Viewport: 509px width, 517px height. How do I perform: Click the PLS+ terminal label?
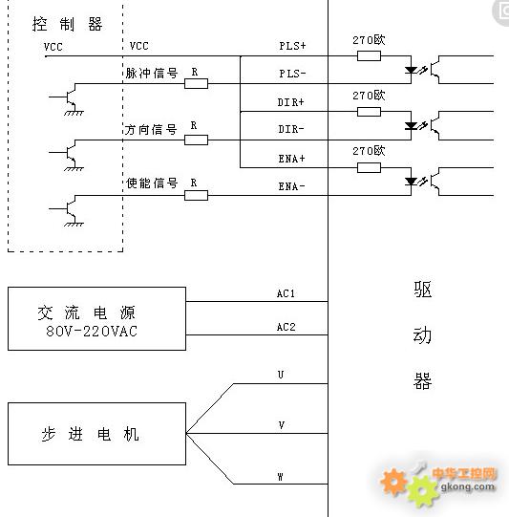(x=292, y=46)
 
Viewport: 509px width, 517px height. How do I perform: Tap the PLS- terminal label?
(x=292, y=74)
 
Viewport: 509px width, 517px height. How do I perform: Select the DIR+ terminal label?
(x=290, y=102)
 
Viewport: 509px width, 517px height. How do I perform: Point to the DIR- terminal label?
(x=291, y=129)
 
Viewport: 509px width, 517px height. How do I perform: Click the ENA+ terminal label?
(x=292, y=159)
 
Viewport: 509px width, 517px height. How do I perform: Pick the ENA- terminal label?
(x=292, y=186)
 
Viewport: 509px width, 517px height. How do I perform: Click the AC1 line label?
(x=286, y=293)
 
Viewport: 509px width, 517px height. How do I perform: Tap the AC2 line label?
(x=286, y=327)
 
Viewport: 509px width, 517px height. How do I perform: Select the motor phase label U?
(x=281, y=375)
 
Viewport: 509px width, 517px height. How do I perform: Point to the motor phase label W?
(x=281, y=477)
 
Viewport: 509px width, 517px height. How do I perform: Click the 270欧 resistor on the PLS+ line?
(x=369, y=55)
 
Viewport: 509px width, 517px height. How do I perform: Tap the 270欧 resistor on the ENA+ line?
(x=369, y=167)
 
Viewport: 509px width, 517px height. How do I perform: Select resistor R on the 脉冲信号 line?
(x=197, y=83)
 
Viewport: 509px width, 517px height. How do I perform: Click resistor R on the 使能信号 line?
(x=197, y=196)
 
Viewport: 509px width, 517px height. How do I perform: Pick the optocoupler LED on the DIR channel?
(x=411, y=125)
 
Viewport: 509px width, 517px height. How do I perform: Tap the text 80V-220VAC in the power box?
(x=92, y=331)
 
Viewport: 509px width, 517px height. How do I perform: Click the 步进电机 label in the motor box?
(x=90, y=434)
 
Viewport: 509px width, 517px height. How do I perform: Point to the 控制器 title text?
(x=68, y=24)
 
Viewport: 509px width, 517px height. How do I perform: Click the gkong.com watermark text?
(x=468, y=486)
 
